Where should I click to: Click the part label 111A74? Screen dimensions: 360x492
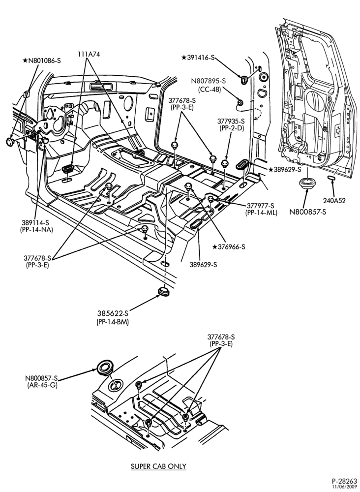click(x=89, y=54)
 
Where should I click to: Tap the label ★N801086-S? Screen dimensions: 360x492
click(x=42, y=61)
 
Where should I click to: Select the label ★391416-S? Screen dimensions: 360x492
click(x=198, y=58)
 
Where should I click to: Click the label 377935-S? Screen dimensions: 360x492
click(x=231, y=121)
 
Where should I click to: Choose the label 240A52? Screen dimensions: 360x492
click(x=334, y=201)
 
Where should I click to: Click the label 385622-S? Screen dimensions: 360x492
click(x=113, y=313)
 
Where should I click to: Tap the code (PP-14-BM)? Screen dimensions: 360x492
click(x=113, y=322)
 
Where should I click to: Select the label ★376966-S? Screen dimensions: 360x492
click(x=229, y=247)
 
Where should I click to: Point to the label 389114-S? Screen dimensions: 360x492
click(x=36, y=222)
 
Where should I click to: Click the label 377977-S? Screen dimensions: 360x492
click(x=261, y=206)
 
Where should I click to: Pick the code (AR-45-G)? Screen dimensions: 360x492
click(x=42, y=385)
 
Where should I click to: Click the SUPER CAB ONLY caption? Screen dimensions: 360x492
click(x=158, y=466)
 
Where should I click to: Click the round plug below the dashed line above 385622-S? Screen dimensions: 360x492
click(x=163, y=291)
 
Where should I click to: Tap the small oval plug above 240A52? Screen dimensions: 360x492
click(x=331, y=178)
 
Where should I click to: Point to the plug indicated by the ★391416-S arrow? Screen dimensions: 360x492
click(x=243, y=80)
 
